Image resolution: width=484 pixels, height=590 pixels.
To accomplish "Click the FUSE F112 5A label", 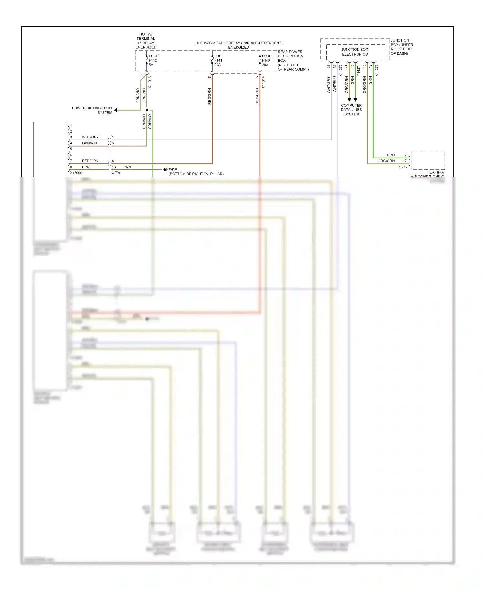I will [153, 60].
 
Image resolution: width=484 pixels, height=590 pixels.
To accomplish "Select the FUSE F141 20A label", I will [219, 60].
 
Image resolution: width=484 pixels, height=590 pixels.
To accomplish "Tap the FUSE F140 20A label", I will [266, 60].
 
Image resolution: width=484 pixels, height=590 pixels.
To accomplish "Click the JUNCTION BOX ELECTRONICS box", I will [355, 52].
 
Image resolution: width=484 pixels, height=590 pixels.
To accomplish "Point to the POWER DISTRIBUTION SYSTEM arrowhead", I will [116, 110].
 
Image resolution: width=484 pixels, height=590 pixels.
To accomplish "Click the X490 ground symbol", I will [165, 170].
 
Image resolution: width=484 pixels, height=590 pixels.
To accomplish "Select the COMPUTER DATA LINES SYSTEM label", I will [351, 110].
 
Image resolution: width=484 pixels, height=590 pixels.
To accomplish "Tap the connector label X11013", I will [150, 83].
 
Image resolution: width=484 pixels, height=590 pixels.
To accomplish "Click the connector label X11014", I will [263, 83].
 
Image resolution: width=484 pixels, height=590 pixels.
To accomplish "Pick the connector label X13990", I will [76, 173].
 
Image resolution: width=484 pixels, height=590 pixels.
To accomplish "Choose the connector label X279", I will [116, 173].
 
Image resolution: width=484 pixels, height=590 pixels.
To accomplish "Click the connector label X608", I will [402, 167].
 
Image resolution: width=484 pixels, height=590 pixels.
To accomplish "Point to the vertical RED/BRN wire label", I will [257, 96].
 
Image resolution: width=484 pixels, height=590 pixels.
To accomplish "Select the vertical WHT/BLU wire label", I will [335, 85].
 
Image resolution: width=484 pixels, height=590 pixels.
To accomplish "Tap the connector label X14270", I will [340, 71].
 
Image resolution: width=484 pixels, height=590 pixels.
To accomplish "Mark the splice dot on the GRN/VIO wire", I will [147, 110].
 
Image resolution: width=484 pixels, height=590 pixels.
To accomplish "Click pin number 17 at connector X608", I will [404, 161].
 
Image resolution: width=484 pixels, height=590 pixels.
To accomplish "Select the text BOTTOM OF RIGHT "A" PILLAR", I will [196, 174].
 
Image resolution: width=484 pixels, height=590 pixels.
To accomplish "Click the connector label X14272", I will [376, 71].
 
